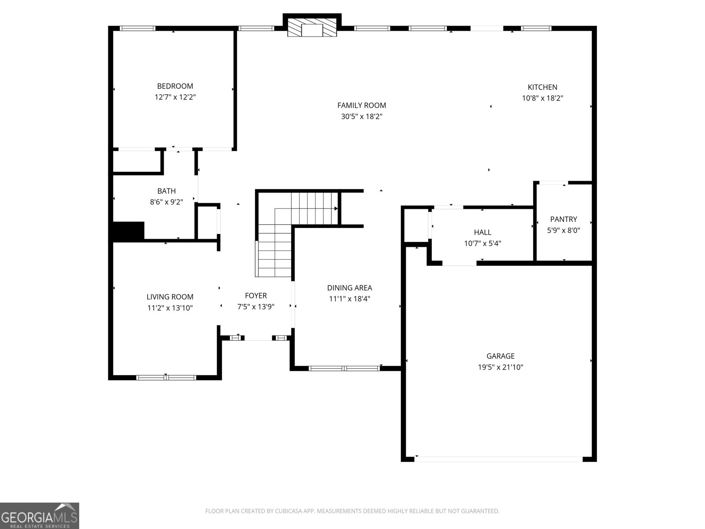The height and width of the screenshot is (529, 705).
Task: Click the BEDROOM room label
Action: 175,86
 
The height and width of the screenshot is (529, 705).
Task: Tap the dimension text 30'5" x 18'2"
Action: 361,117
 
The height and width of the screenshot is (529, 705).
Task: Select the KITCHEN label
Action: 542,87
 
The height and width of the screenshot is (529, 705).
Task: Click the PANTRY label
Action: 563,219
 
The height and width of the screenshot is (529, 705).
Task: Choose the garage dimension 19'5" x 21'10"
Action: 500,367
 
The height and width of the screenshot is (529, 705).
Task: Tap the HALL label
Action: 482,232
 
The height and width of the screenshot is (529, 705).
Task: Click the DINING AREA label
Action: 349,288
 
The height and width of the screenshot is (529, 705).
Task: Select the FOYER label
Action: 256,296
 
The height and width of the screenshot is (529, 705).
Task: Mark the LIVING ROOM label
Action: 170,297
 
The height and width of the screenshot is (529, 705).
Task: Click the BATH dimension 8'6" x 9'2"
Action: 166,202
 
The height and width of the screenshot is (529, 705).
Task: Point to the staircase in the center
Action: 286,229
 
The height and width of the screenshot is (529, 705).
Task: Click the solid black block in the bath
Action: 129,231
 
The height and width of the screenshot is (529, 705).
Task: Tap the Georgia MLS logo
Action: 40,515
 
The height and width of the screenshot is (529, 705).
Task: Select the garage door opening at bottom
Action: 498,459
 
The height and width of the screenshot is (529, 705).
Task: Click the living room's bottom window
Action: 166,377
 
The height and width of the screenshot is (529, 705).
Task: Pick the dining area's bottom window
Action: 344,368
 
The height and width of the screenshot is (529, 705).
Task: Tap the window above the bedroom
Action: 137,28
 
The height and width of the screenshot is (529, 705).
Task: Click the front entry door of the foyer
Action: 258,338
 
